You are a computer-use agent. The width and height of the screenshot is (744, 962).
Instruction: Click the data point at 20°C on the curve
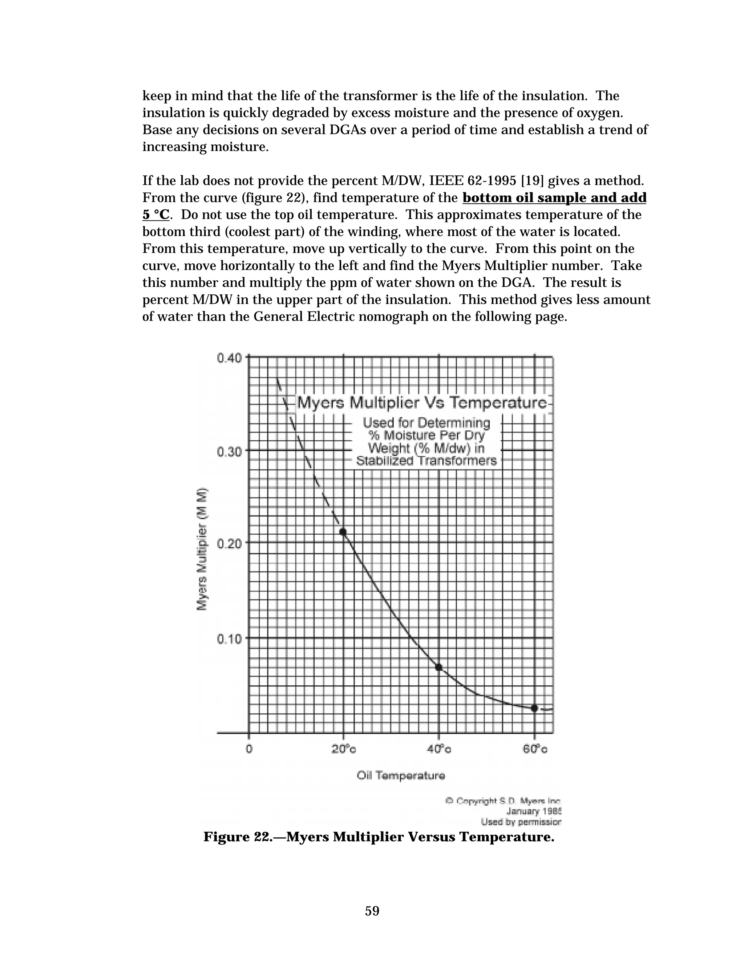click(343, 532)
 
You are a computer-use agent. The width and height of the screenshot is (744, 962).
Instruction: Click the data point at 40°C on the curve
click(438, 667)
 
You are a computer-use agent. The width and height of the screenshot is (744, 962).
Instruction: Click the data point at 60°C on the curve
click(534, 708)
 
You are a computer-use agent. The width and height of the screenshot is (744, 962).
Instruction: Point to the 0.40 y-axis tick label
click(229, 358)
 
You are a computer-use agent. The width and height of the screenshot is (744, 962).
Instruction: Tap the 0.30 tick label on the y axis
click(229, 452)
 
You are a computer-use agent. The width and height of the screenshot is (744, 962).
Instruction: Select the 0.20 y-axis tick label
click(229, 543)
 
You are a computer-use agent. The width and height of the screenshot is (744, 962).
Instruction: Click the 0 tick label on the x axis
click(249, 749)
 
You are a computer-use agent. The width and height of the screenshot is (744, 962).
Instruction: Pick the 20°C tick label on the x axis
click(344, 749)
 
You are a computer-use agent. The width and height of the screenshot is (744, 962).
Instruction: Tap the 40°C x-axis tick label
click(439, 749)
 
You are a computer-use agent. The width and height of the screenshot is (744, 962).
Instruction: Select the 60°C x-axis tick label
click(535, 749)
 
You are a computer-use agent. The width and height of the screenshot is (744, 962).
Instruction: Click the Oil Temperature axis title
click(401, 776)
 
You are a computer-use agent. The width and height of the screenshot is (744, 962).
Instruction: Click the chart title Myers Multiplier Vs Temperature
click(422, 403)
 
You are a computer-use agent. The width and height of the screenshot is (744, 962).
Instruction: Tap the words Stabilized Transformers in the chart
click(426, 461)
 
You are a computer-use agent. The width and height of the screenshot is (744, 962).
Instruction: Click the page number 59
click(372, 910)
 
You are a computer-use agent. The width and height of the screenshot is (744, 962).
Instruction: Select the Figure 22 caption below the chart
click(379, 836)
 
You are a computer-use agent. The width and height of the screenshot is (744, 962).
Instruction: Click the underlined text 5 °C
click(155, 215)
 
